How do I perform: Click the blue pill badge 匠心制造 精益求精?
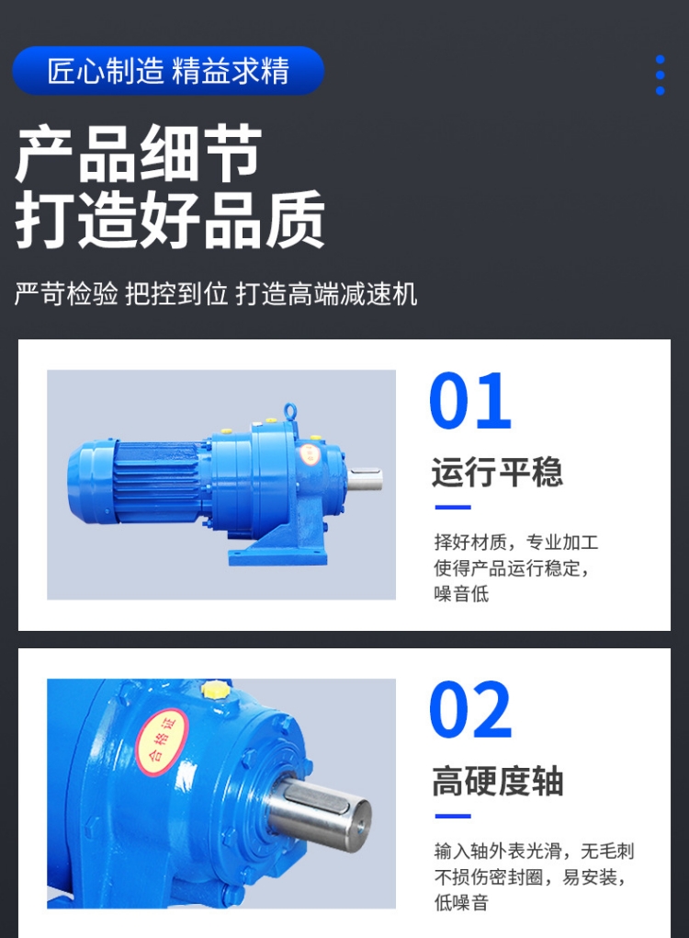click(168, 71)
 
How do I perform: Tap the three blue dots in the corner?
click(660, 74)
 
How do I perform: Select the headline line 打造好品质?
click(171, 221)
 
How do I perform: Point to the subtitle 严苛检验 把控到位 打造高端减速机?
click(216, 294)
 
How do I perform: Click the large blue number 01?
click(470, 402)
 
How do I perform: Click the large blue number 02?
click(470, 711)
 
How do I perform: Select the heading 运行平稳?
click(497, 473)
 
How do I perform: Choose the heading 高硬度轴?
click(497, 782)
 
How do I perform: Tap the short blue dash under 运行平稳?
click(452, 507)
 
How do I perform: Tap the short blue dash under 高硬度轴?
click(452, 816)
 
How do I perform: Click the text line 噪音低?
click(461, 593)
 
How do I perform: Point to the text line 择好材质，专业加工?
click(515, 542)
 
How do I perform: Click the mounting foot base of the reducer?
click(275, 555)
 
